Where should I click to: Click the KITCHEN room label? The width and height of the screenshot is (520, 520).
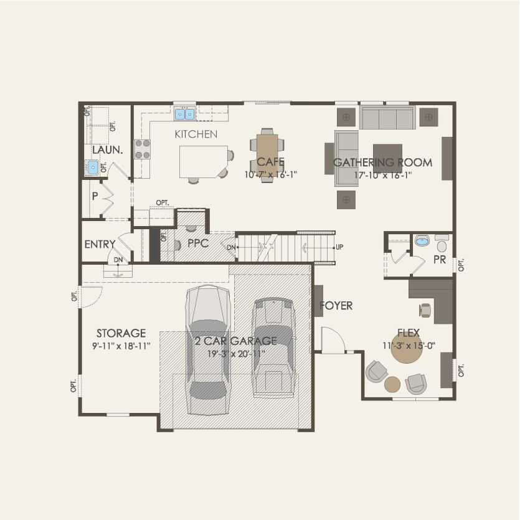pos(196,134)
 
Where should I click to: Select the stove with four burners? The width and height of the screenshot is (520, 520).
pos(143,149)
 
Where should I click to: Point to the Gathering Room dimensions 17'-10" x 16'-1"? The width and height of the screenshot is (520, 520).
pos(382,175)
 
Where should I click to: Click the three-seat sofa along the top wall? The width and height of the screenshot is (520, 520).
pos(387,117)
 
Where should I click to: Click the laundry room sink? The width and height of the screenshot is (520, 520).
pos(93,167)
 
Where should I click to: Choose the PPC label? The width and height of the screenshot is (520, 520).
pos(197,243)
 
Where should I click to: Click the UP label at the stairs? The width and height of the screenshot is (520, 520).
pos(339,247)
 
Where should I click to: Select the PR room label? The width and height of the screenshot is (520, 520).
pos(439,260)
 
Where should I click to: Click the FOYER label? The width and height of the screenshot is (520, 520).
pos(336,306)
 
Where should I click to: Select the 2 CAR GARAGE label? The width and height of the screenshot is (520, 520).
pos(235,341)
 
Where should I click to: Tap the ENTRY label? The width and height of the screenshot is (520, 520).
pos(100,245)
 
